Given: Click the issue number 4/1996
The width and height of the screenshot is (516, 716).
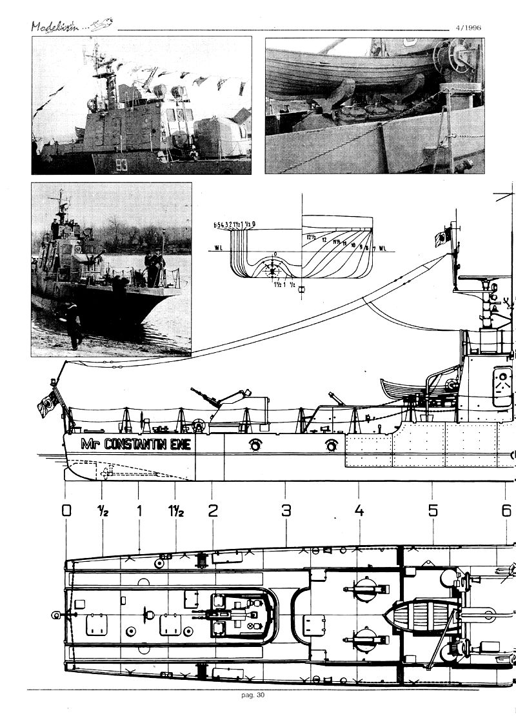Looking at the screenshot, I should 467,28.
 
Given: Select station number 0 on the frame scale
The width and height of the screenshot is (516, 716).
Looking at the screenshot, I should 66,511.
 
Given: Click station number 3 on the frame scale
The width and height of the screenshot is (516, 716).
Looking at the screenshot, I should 286,511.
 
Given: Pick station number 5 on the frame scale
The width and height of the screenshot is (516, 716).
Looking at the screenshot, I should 432,511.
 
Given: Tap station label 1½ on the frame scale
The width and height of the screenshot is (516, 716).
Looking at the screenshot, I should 176,511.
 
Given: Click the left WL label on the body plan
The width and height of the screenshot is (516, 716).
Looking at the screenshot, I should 219,247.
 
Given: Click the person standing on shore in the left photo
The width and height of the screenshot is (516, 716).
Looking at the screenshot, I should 73,326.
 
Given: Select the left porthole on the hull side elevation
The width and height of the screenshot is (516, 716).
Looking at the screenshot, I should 255,444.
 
